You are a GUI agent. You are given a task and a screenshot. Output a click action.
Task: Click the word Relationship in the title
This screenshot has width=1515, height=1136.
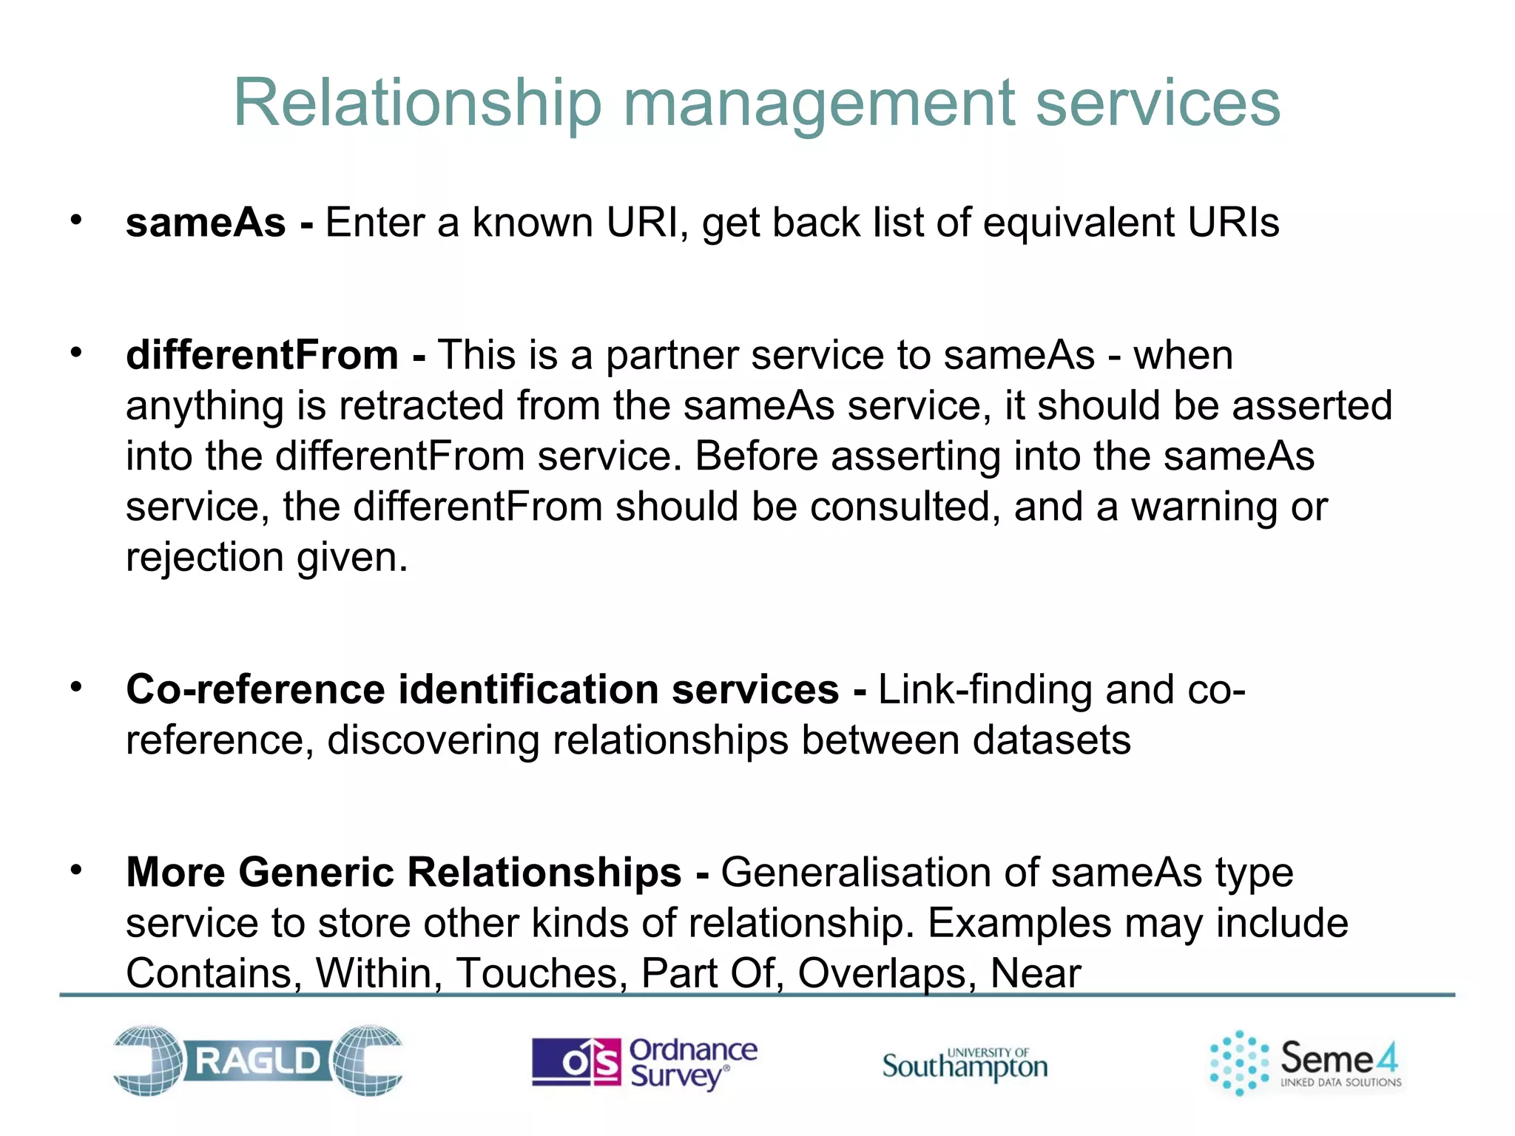(x=418, y=104)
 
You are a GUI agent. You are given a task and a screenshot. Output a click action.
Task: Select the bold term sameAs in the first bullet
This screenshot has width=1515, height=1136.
(x=206, y=223)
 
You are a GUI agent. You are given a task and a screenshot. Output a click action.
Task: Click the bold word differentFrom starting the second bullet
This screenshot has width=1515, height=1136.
(x=262, y=355)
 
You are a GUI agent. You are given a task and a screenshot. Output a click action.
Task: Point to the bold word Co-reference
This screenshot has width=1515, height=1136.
(x=255, y=689)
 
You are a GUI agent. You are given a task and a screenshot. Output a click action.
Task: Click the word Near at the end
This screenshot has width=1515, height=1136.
(x=1036, y=973)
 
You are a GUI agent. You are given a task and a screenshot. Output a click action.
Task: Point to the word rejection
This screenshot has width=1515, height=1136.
(x=205, y=558)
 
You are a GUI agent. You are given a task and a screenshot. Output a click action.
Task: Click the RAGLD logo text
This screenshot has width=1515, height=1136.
(x=257, y=1061)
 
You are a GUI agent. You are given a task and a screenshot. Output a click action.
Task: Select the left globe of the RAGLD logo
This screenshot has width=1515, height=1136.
(x=148, y=1060)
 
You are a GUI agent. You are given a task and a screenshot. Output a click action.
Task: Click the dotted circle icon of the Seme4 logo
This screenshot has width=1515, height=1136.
(x=1239, y=1062)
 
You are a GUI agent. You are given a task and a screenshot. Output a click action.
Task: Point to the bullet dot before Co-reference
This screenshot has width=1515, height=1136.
(x=76, y=687)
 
